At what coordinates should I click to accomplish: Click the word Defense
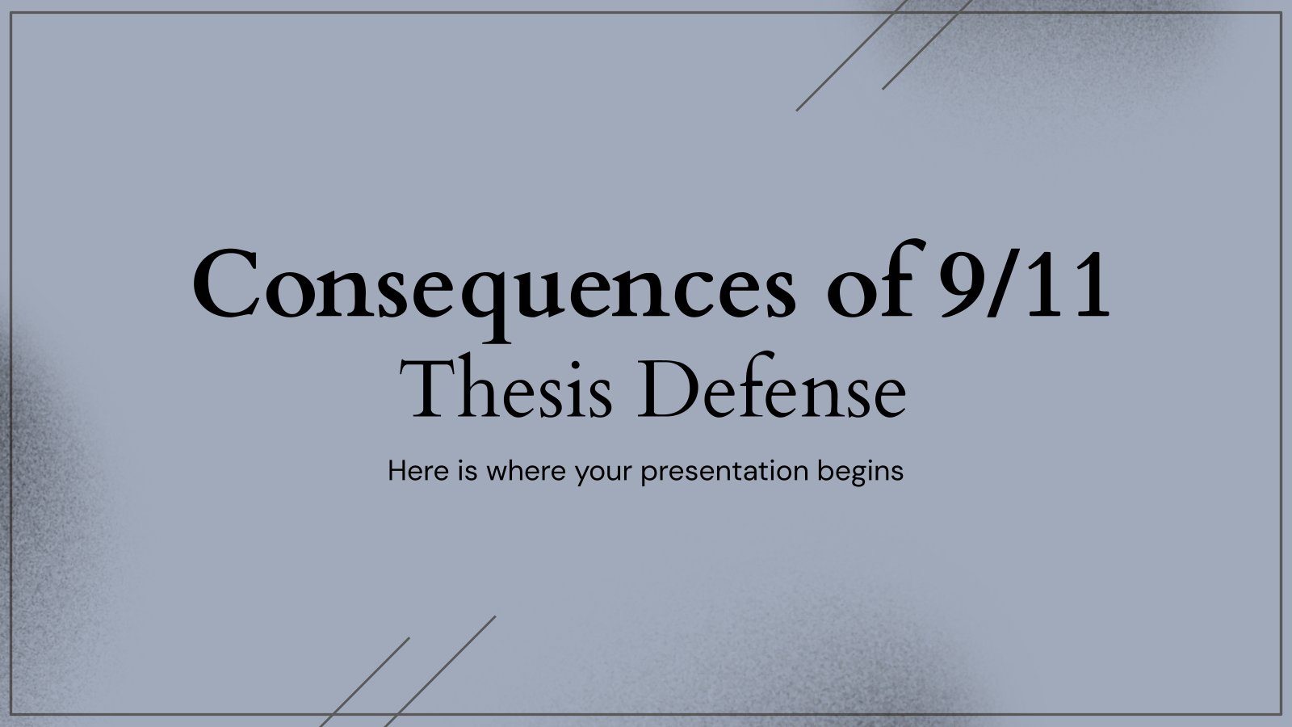[771, 387]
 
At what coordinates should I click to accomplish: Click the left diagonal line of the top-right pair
[852, 56]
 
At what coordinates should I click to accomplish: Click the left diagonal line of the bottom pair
[364, 682]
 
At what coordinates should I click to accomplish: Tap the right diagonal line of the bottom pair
[440, 671]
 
